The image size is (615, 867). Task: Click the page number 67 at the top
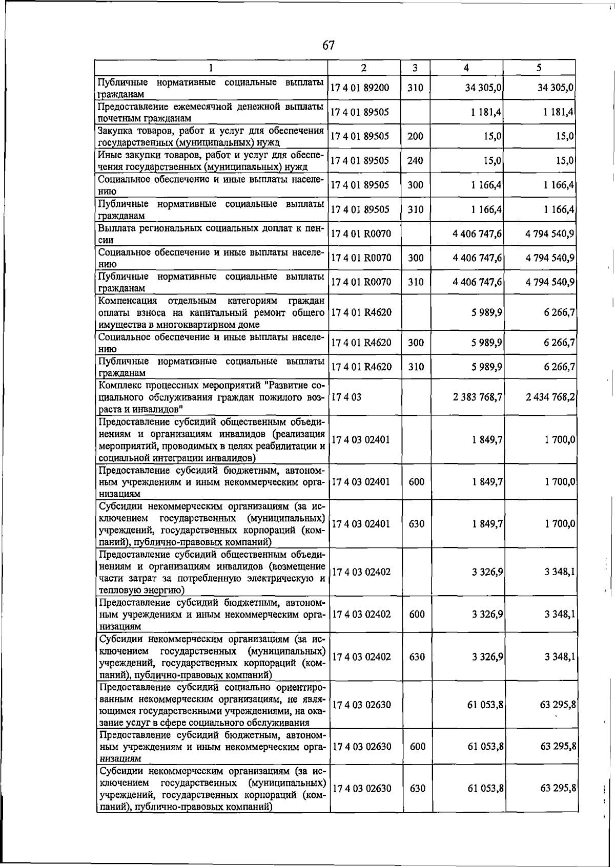(329, 46)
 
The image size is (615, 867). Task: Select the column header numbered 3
(415, 68)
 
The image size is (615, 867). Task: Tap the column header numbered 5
(539, 68)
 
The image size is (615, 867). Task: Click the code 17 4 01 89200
(360, 88)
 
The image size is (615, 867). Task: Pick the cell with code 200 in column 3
(415, 136)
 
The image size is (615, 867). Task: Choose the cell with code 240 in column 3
(415, 161)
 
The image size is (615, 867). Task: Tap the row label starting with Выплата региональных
(211, 234)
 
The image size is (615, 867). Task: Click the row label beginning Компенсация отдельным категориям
(211, 312)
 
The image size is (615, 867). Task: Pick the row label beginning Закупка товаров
(211, 136)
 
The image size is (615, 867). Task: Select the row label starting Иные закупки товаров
(211, 161)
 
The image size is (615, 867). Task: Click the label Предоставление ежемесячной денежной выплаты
(211, 112)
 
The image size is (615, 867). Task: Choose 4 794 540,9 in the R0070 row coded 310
(550, 282)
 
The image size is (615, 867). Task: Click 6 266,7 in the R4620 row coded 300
(559, 343)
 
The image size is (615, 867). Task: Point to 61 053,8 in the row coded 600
(485, 747)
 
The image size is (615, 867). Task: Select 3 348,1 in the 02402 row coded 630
(560, 657)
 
